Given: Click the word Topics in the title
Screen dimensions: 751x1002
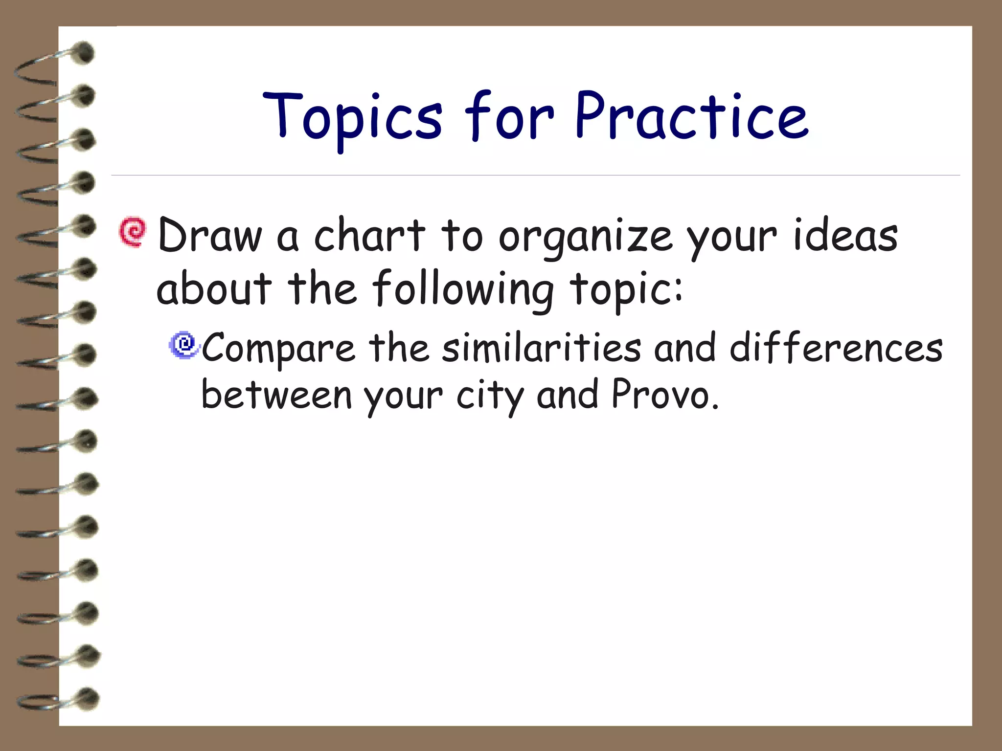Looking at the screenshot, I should click(x=352, y=117).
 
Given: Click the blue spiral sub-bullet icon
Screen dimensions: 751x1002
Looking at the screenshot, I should click(x=184, y=345).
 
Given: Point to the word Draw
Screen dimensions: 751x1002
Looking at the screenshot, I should click(x=210, y=236).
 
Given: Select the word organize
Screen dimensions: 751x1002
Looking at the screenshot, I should click(x=585, y=238).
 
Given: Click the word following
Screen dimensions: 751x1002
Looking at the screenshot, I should click(x=463, y=289).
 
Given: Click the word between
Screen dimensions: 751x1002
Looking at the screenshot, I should click(x=276, y=395).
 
